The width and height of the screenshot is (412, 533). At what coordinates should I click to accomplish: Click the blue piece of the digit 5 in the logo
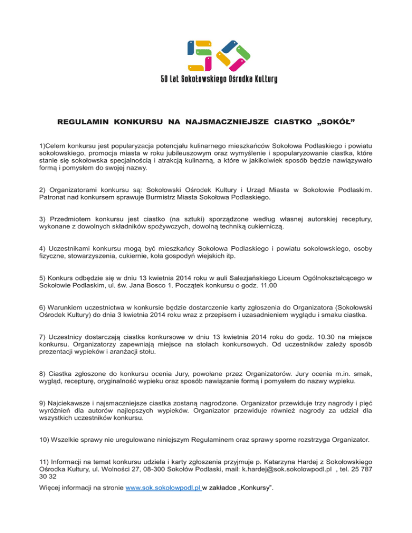coord(190,47)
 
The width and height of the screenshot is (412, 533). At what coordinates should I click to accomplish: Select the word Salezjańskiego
coord(230,278)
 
